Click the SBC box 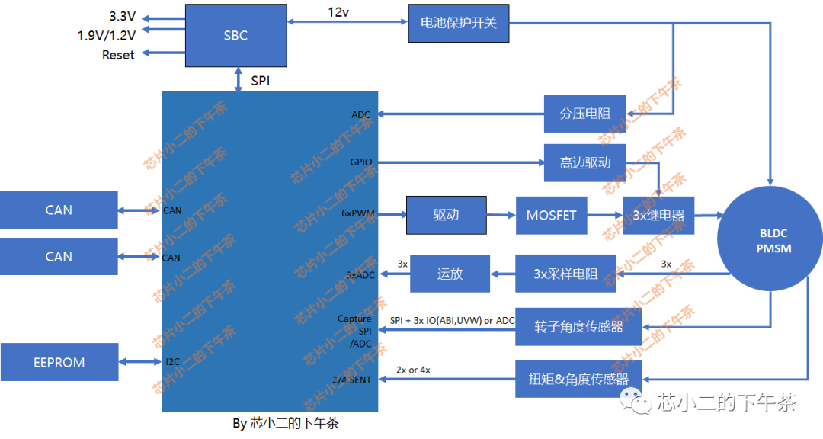235,36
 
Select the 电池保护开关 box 458,23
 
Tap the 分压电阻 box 584,114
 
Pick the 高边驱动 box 584,163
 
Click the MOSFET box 551,216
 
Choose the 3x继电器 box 658,216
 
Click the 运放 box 450,274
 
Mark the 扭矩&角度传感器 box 578,379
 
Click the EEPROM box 59,363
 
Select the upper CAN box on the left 59,210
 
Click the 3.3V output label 122,16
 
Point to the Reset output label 118,55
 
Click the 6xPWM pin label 357,214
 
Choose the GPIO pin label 360,162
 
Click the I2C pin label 172,362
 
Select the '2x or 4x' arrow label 413,370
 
